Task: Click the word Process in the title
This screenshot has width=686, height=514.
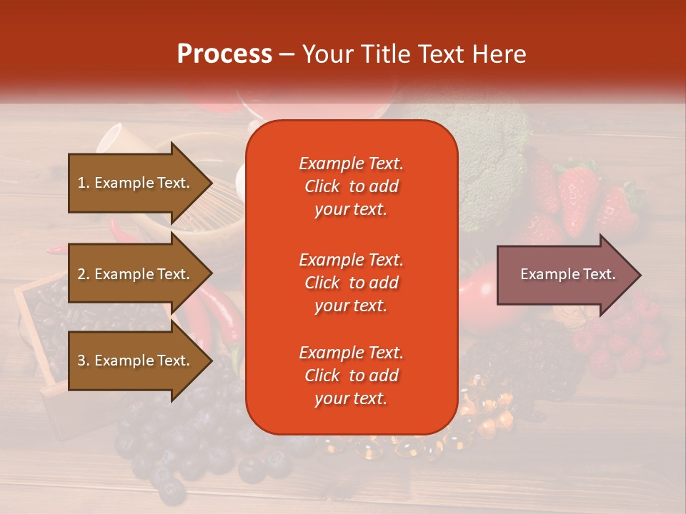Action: (224, 54)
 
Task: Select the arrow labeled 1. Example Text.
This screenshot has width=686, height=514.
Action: (136, 183)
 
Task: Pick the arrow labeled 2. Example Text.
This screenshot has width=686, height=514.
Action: (136, 274)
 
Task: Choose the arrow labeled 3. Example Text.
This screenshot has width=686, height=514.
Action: (136, 361)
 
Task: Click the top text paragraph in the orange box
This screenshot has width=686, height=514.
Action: (351, 186)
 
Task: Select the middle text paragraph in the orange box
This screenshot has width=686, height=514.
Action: (351, 283)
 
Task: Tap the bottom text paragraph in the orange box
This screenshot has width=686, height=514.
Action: (351, 376)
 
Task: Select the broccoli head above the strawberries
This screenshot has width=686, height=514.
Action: (493, 157)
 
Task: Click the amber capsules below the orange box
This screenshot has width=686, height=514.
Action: (486, 421)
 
